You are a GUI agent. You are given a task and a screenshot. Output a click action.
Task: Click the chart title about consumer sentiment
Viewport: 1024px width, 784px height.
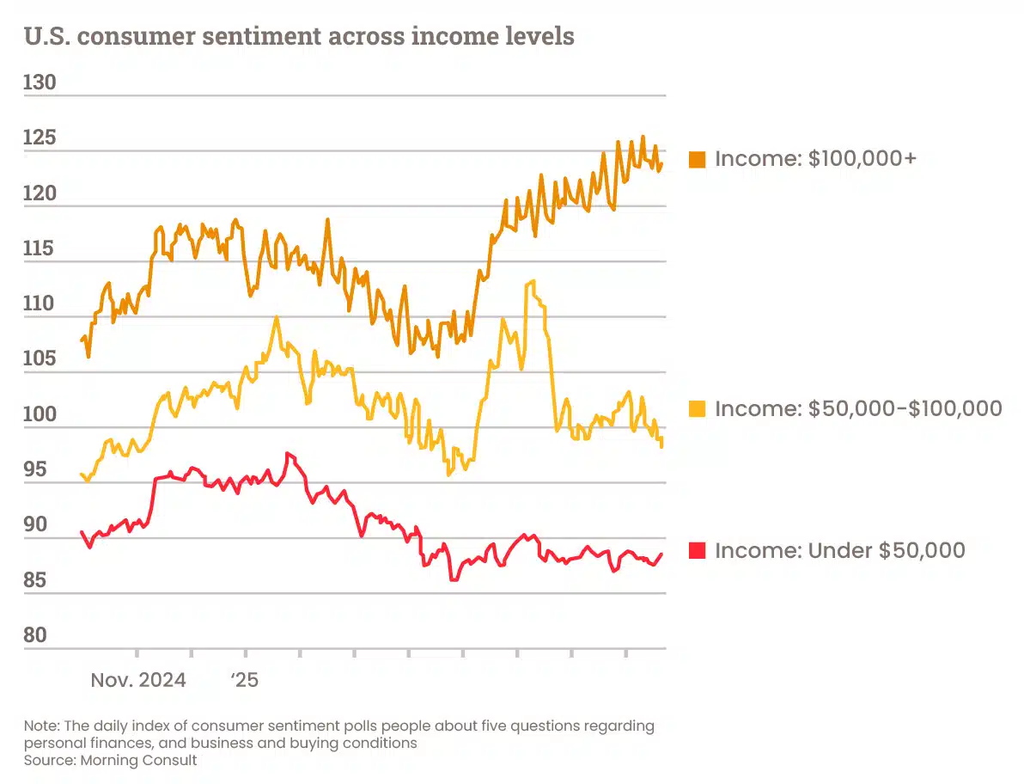click(299, 37)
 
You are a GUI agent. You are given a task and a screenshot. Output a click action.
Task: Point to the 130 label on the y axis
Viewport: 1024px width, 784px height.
click(40, 83)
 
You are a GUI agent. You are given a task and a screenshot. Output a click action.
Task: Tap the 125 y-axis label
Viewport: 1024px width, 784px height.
click(40, 138)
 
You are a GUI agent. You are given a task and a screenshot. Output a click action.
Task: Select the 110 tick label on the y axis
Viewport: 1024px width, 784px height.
click(40, 303)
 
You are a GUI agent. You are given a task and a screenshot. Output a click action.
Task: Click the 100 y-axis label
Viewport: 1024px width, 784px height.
click(40, 414)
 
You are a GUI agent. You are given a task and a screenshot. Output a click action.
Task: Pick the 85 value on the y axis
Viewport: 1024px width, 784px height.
click(36, 580)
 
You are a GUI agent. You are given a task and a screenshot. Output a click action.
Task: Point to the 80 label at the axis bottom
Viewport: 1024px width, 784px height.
click(36, 635)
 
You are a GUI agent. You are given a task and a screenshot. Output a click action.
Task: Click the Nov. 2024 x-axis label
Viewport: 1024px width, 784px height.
click(137, 681)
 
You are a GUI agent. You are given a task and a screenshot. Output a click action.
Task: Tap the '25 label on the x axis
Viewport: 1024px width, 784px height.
click(244, 681)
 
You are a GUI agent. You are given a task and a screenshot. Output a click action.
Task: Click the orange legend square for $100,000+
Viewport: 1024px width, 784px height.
click(698, 159)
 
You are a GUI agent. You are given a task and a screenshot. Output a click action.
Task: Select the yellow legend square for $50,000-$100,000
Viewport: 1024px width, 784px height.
click(698, 408)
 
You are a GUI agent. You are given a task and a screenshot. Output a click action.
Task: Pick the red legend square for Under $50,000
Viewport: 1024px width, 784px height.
click(698, 550)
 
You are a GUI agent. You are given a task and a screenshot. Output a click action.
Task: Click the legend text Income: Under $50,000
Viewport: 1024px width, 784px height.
click(839, 550)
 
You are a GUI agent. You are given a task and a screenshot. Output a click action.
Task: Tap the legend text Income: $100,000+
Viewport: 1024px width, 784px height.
click(815, 159)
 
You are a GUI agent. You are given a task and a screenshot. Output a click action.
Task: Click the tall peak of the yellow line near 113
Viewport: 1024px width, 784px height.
click(533, 281)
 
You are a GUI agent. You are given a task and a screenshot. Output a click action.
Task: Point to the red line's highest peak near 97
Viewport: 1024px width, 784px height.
click(287, 453)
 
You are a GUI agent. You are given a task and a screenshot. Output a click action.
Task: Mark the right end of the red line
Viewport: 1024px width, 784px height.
click(661, 554)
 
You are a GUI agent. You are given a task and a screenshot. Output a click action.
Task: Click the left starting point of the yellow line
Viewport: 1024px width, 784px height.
click(81, 474)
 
